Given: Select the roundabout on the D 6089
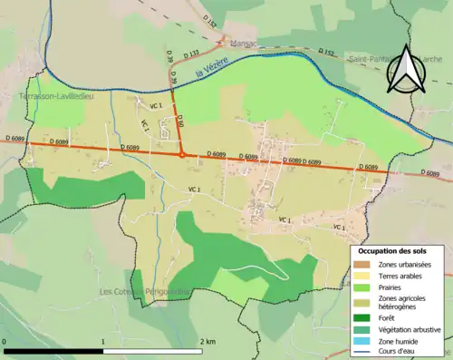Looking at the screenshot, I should [x=183, y=155].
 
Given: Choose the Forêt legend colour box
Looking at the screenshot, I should [x=361, y=317].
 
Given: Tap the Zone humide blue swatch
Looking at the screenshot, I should [x=361, y=340].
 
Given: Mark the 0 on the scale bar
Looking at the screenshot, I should [x=5, y=342].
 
